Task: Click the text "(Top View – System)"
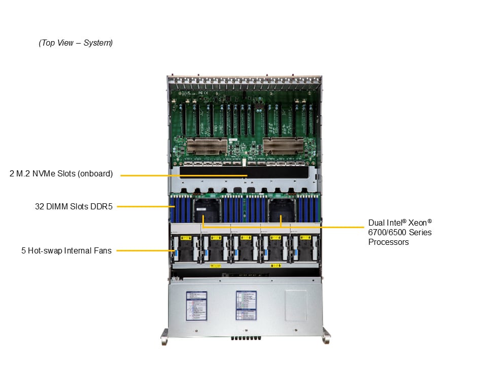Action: pyautogui.click(x=76, y=43)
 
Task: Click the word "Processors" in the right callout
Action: pyautogui.click(x=389, y=242)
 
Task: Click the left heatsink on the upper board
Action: pyautogui.click(x=206, y=147)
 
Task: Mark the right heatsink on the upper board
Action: pyautogui.click(x=283, y=147)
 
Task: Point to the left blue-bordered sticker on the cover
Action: pyautogui.click(x=196, y=305)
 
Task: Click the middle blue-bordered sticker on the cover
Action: pyautogui.click(x=246, y=305)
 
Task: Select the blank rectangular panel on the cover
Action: pyautogui.click(x=296, y=305)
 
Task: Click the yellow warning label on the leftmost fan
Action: pyautogui.click(x=186, y=237)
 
